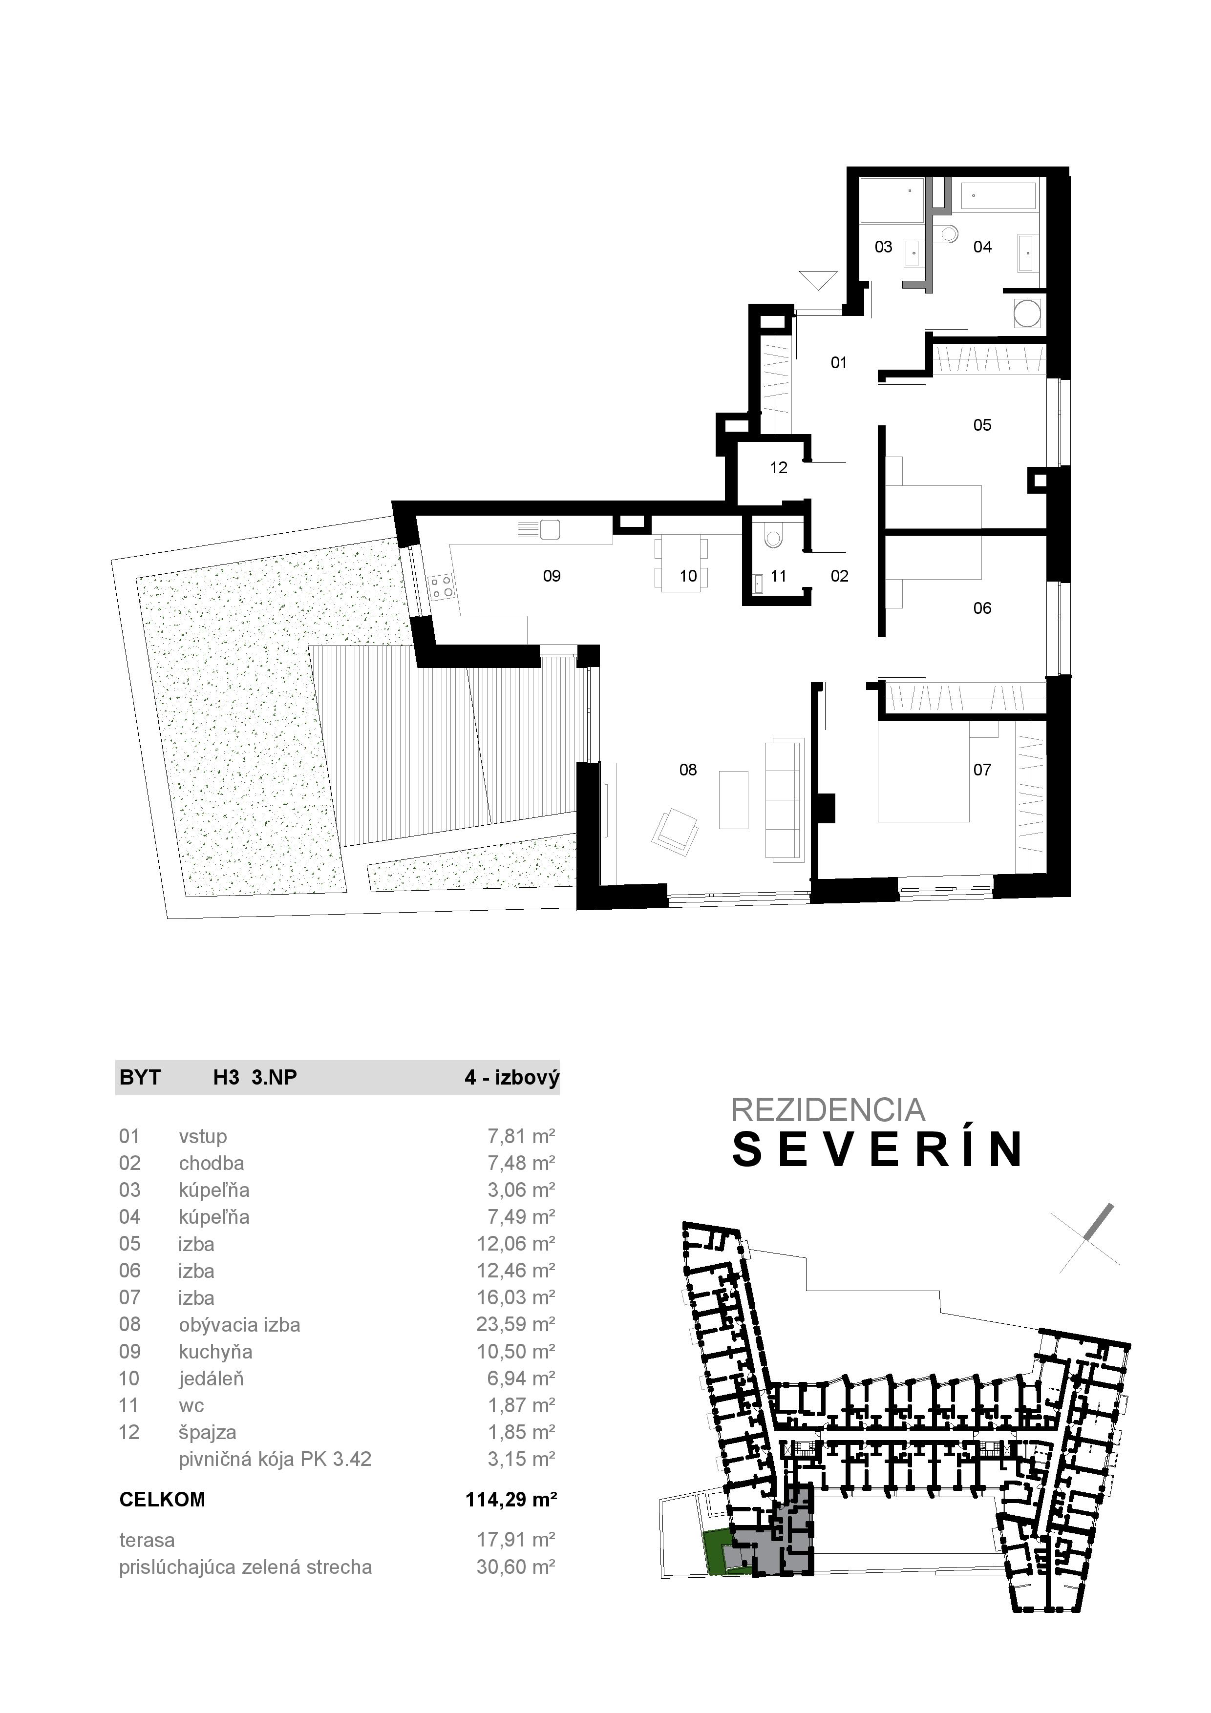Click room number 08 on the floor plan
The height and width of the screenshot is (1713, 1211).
click(x=687, y=769)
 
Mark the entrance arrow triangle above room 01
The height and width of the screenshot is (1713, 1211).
click(x=818, y=280)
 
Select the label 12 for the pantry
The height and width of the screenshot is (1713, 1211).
click(x=778, y=468)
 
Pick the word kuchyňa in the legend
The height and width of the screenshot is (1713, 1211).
click(x=215, y=1352)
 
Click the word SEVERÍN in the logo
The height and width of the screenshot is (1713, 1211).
click(x=877, y=1149)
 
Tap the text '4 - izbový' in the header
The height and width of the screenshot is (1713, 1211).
click(x=511, y=1077)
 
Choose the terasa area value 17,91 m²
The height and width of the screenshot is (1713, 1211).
click(x=515, y=1540)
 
